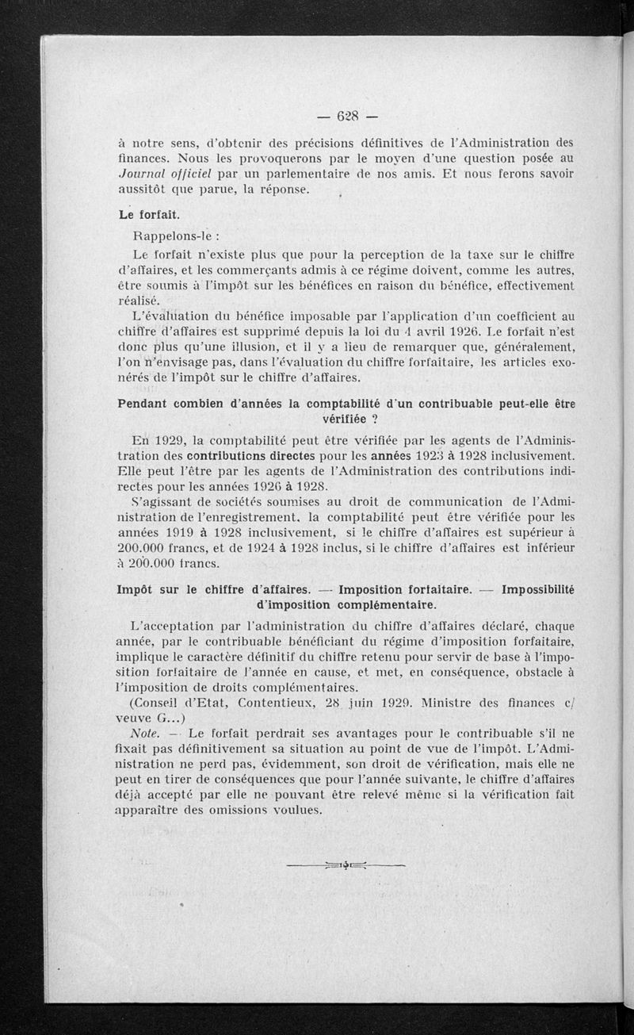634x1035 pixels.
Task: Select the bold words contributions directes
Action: (x=250, y=455)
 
